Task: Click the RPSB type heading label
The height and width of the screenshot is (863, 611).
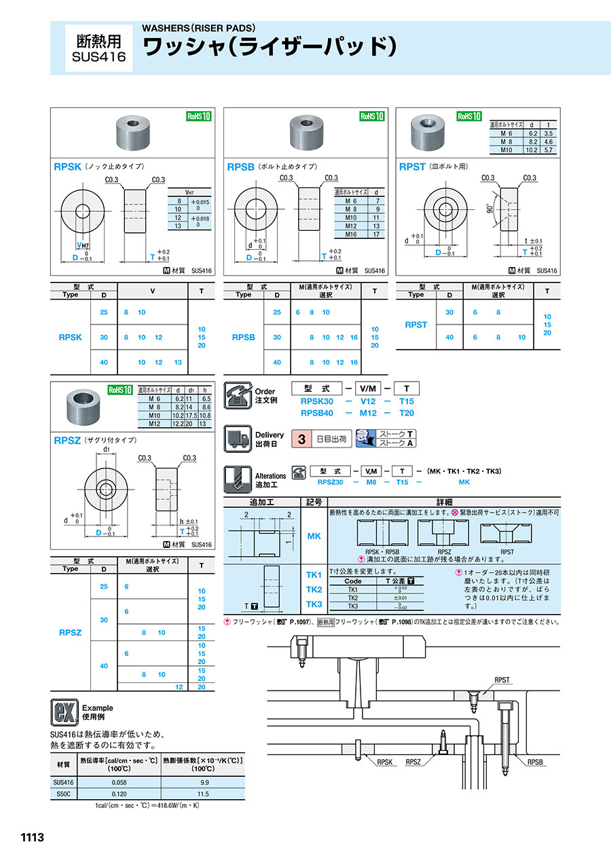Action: (240, 166)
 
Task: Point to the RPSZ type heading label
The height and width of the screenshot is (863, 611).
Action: (67, 441)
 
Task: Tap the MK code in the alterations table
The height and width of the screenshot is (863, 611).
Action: (314, 536)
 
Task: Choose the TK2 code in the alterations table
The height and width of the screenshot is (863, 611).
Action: (314, 589)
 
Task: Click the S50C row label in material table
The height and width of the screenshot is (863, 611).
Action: (63, 794)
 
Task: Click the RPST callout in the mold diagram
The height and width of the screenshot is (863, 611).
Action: (502, 680)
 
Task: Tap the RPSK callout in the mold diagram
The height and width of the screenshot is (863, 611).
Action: (386, 763)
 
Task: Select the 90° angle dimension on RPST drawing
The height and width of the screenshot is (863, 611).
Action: (489, 210)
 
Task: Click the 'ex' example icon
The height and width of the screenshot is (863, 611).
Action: (63, 712)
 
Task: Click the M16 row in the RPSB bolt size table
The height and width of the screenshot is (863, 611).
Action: (360, 234)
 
